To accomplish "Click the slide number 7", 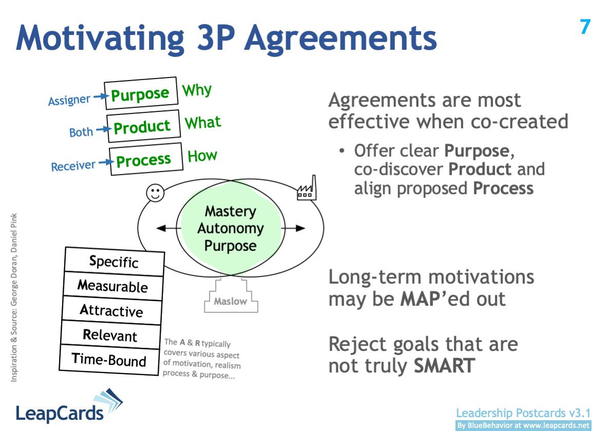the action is coord(585,27).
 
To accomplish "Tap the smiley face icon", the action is coord(155,193).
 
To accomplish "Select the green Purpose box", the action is coord(140,94).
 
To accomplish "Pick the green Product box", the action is coord(143,127).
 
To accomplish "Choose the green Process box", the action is coord(146,160).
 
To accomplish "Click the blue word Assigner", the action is coord(69,100).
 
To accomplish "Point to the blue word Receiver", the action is coord(73,166).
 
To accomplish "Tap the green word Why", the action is coord(197,91).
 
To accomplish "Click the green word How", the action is coord(202,156).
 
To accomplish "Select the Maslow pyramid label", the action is coord(230,301).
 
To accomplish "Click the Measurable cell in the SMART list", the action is coord(112,286).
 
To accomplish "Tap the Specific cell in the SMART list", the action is coord(114,262).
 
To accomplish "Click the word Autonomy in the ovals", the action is coord(230,228).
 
